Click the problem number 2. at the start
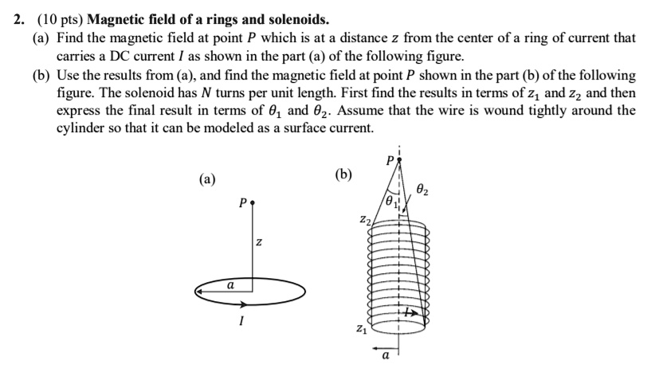[22, 18]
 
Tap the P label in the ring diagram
[241, 204]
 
